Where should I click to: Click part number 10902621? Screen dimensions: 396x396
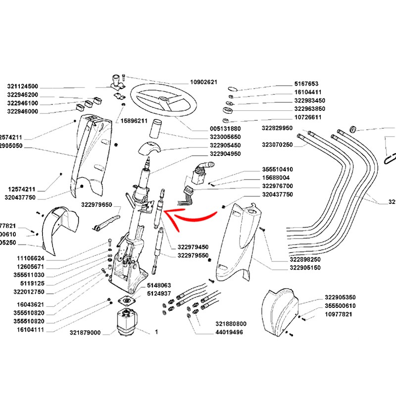click(x=204, y=82)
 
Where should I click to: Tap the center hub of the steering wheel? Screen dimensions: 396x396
click(x=163, y=100)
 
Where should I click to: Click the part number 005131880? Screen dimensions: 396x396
click(x=225, y=129)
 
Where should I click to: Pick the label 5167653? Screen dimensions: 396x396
click(x=306, y=84)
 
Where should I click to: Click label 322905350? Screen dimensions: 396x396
click(x=340, y=297)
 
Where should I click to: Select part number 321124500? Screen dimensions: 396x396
click(x=30, y=86)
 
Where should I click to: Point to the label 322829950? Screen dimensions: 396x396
click(x=277, y=128)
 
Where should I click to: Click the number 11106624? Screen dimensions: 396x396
click(x=31, y=258)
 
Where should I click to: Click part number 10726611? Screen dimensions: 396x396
click(x=308, y=117)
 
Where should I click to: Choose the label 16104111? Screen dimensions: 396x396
click(x=31, y=329)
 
